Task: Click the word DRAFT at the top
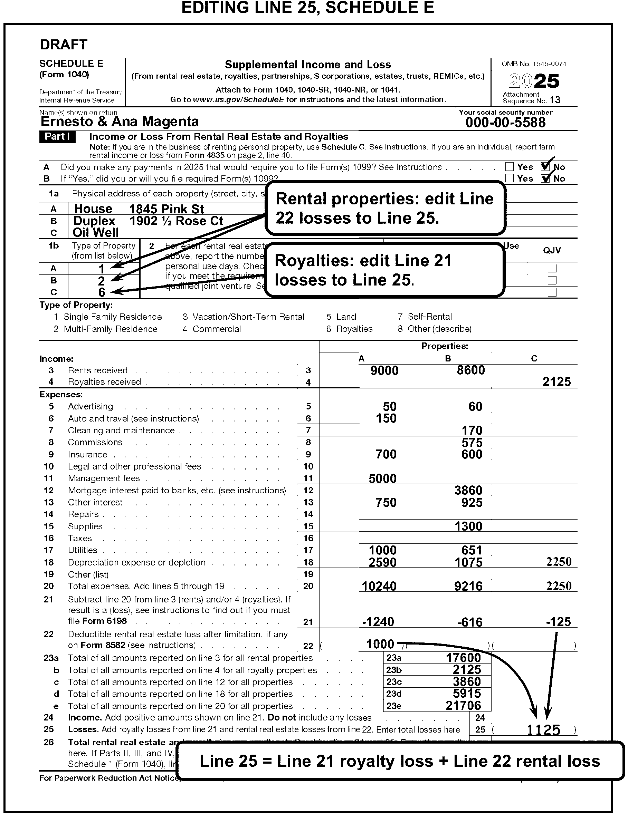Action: [x=63, y=45]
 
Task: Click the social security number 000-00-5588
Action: [x=505, y=123]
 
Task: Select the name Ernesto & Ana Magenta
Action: [x=120, y=122]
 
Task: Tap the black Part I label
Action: [x=57, y=137]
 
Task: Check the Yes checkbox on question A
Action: [x=509, y=167]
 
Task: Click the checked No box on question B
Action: [x=545, y=179]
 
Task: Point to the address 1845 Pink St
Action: [x=166, y=209]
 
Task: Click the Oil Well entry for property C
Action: [x=95, y=233]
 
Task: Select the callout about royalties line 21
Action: [x=384, y=270]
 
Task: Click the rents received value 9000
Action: [x=384, y=370]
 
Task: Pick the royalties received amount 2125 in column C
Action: [x=556, y=382]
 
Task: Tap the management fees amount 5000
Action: [x=382, y=478]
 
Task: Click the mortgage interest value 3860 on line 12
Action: [x=468, y=490]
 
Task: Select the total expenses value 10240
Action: [x=379, y=586]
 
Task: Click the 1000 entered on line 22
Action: [x=380, y=644]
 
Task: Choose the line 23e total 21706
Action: [x=463, y=705]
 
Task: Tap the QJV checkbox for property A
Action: [x=552, y=268]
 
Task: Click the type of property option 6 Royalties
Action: [x=349, y=329]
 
